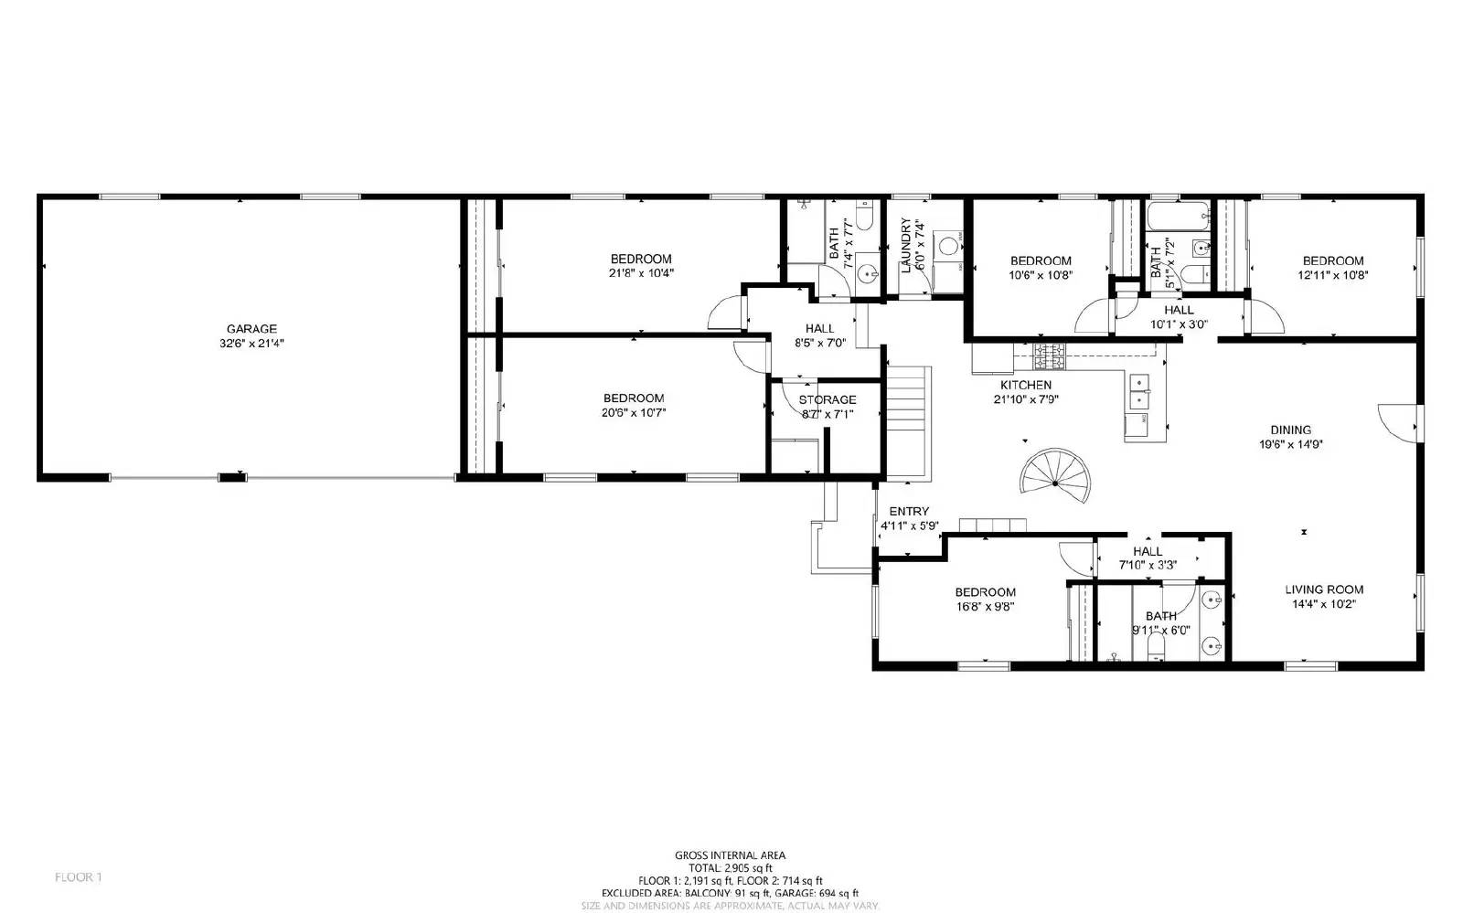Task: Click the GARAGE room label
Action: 251,329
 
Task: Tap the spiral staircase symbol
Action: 1056,477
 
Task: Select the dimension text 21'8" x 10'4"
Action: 641,273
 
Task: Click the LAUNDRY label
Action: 906,246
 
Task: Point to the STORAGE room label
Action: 828,399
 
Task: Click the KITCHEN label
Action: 1025,385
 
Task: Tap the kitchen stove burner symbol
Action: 1049,351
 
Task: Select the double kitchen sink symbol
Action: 1139,391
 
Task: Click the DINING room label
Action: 1290,430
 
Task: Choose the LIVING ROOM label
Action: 1324,589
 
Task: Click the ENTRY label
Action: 909,512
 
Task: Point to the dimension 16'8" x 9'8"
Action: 986,606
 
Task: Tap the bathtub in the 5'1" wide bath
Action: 1178,219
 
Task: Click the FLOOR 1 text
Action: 78,877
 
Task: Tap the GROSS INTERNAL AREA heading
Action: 730,855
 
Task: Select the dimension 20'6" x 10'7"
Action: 634,412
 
